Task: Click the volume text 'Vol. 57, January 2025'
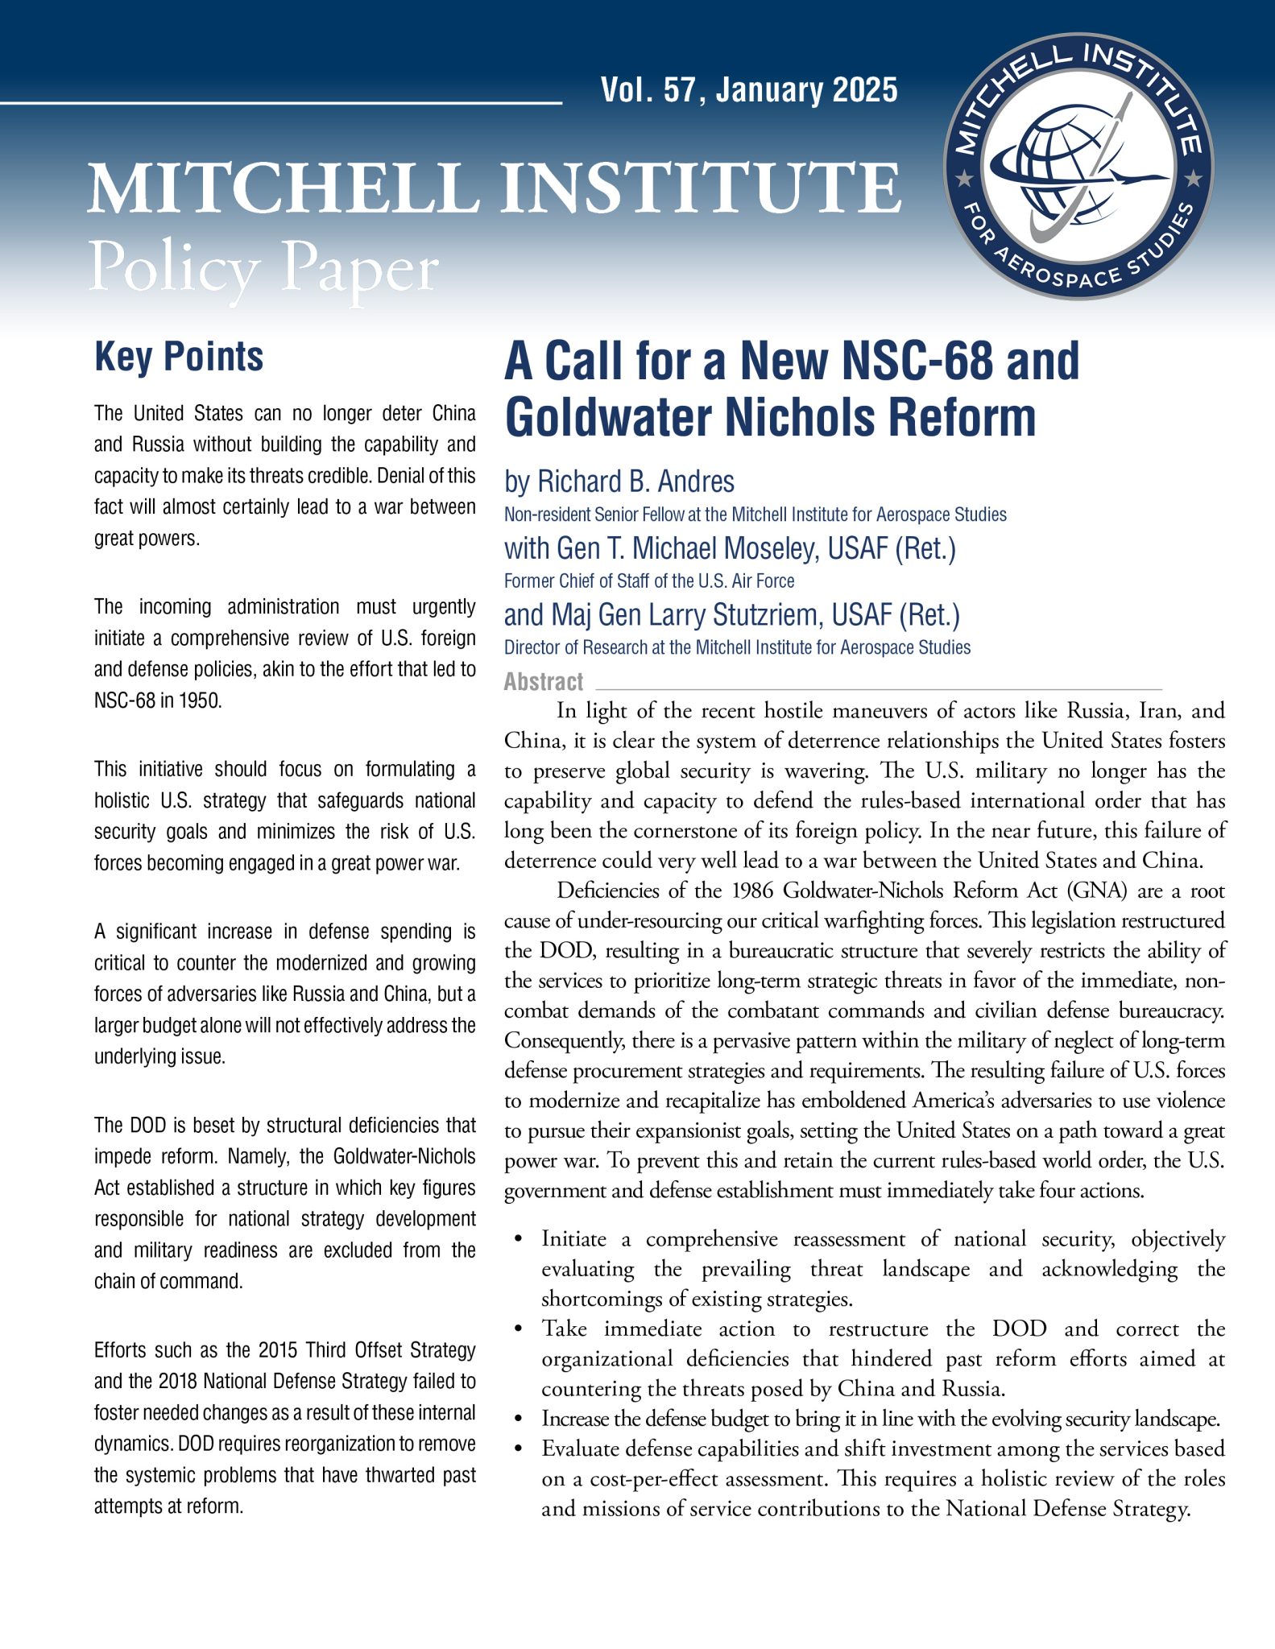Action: click(x=749, y=90)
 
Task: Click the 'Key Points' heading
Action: click(x=179, y=357)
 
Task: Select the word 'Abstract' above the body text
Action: click(x=544, y=682)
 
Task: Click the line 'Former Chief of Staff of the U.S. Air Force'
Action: click(x=649, y=581)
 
